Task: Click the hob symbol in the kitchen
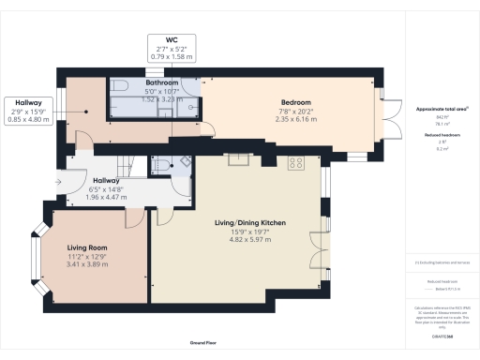[296, 162]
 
